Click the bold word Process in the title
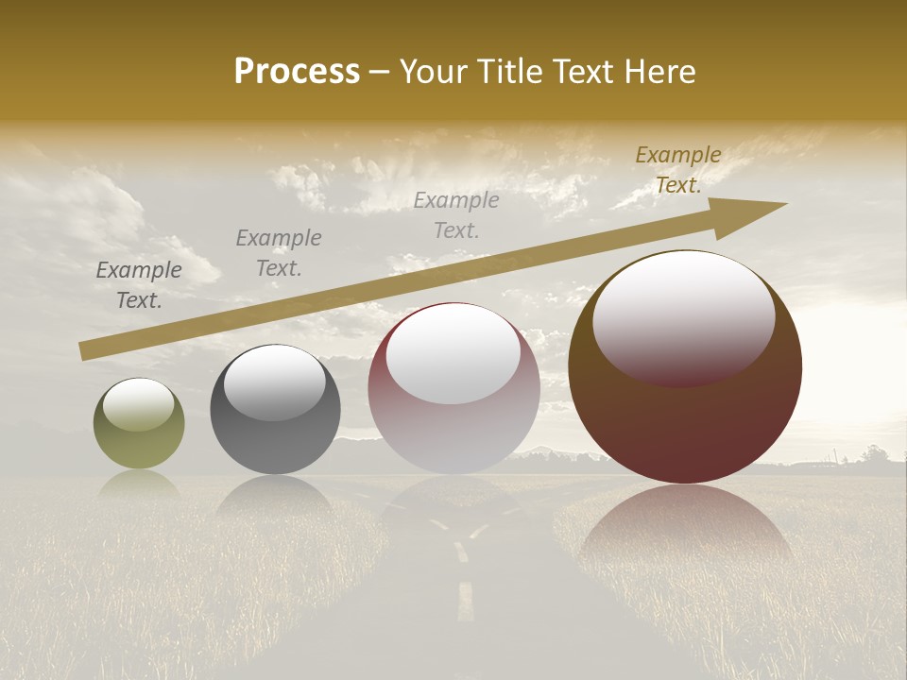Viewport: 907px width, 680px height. click(x=297, y=72)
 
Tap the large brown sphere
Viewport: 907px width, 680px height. click(x=685, y=416)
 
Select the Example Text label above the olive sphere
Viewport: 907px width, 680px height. click(x=139, y=285)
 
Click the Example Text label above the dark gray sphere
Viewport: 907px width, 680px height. click(x=278, y=253)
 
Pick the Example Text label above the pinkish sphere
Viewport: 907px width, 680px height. click(x=455, y=215)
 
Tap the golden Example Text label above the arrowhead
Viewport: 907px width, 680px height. click(x=677, y=170)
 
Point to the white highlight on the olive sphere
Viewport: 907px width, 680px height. click(x=138, y=405)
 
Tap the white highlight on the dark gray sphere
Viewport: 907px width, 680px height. click(x=274, y=381)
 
